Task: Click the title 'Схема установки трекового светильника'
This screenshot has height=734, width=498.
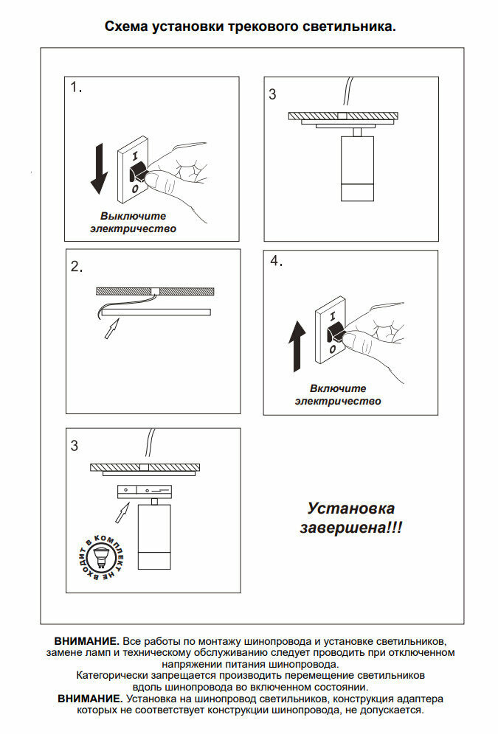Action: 250,27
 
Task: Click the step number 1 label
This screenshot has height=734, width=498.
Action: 76,88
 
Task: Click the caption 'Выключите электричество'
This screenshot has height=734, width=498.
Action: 134,223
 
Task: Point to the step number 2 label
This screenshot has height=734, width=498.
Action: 77,267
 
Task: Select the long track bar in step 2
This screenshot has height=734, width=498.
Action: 157,312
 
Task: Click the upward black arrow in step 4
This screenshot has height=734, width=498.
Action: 297,346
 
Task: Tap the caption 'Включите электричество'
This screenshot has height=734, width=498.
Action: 338,395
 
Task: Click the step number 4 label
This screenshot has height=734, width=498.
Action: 277,262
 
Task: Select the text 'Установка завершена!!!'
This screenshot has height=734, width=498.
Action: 351,518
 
